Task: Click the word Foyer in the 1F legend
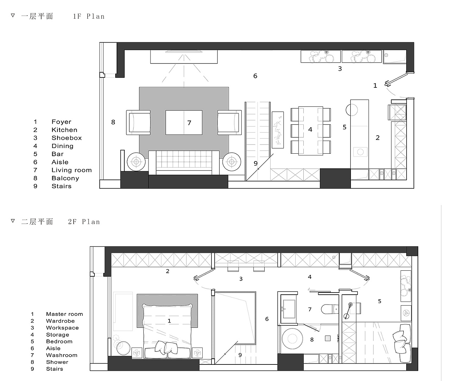pos(61,122)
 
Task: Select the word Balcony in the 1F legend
pos(65,178)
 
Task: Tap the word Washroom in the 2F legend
pos(62,355)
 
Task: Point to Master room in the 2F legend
pos(64,314)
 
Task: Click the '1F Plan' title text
pos(89,17)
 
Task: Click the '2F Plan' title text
pos(84,222)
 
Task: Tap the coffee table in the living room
pos(184,123)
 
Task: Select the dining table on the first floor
pos(311,131)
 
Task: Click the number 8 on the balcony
pos(113,122)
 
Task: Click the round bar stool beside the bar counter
pos(352,110)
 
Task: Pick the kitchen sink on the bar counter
pos(360,152)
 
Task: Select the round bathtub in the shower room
pos(292,339)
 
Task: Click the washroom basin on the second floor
pos(289,309)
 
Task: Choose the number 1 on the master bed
pos(169,321)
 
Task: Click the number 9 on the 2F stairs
pos(240,355)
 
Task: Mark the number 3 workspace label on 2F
pos(241,279)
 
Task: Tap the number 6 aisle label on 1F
pos(255,76)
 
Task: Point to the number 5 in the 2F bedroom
pos(379,301)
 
